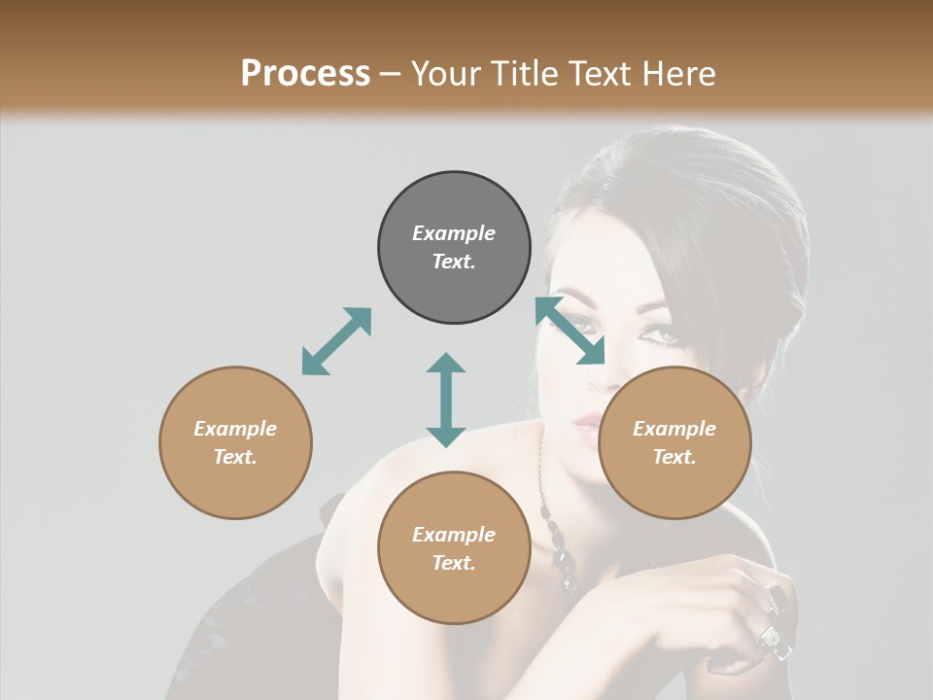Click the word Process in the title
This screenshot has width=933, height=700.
[x=305, y=74]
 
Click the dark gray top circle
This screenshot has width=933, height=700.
[x=454, y=248]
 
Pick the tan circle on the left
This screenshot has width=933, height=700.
[x=235, y=442]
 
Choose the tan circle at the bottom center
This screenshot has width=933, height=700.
[x=454, y=547]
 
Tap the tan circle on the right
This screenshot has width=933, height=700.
[x=674, y=442]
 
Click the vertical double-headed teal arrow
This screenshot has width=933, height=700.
[x=446, y=400]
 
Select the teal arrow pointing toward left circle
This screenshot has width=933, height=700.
[x=336, y=341]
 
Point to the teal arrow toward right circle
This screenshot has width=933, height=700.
[x=570, y=331]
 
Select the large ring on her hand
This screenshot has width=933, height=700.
[x=770, y=637]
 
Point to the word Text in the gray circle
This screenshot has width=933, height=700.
[x=453, y=262]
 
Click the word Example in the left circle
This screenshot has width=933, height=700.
[x=235, y=429]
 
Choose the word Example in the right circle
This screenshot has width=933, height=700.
[x=674, y=429]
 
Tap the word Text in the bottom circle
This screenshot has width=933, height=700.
[x=453, y=563]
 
